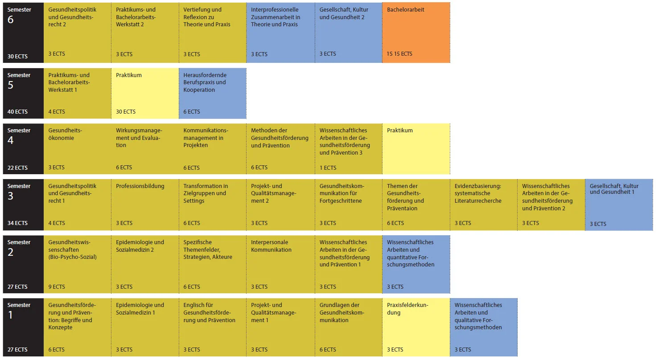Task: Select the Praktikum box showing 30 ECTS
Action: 145,93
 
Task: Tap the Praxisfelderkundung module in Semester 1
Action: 416,327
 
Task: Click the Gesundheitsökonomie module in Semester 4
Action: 78,149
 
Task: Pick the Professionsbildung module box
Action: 145,205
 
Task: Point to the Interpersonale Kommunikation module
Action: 280,264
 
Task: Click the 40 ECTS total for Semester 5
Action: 17,112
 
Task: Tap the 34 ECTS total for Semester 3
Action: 17,223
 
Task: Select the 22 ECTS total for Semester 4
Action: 17,168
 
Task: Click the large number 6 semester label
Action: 11,20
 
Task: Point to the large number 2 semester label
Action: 11,252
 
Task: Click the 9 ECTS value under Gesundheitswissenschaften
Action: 57,287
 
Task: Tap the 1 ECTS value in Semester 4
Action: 328,168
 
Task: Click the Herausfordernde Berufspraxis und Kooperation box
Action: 212,93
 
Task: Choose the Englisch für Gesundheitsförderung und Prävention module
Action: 212,327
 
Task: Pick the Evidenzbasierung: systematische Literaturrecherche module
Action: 484,205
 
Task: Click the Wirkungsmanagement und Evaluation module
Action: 145,149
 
